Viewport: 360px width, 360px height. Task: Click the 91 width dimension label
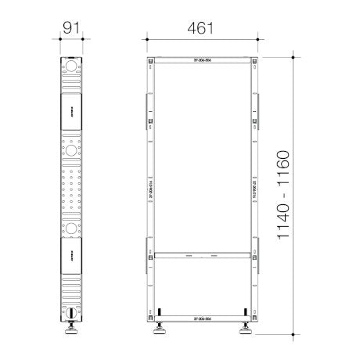coord(72,27)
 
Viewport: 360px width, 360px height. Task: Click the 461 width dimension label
coord(199,27)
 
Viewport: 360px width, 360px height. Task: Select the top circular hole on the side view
coord(72,68)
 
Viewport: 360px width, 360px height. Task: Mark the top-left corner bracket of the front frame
coord(151,60)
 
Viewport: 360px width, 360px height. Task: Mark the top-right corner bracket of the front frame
coord(253,60)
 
